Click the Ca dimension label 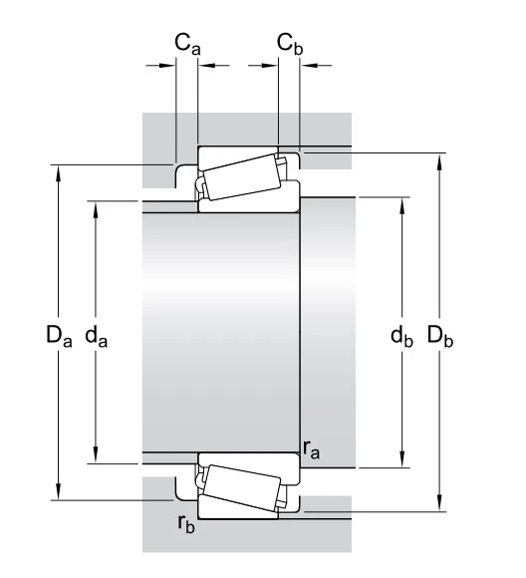pos(187,44)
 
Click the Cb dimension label pos(290,44)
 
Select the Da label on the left pos(59,336)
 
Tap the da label pos(97,336)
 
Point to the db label pos(401,336)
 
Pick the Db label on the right pos(440,336)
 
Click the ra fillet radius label pos(311,449)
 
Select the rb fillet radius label pos(186,523)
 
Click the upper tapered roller pos(242,177)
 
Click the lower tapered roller pos(242,487)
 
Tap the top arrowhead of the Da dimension pos(58,173)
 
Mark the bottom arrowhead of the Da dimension pos(58,491)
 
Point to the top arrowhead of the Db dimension pos(439,161)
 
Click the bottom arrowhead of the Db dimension pos(439,503)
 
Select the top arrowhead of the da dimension pos(96,209)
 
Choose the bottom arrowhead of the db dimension pos(402,459)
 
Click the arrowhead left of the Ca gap pos(167,66)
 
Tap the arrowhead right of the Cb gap pos(309,66)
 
